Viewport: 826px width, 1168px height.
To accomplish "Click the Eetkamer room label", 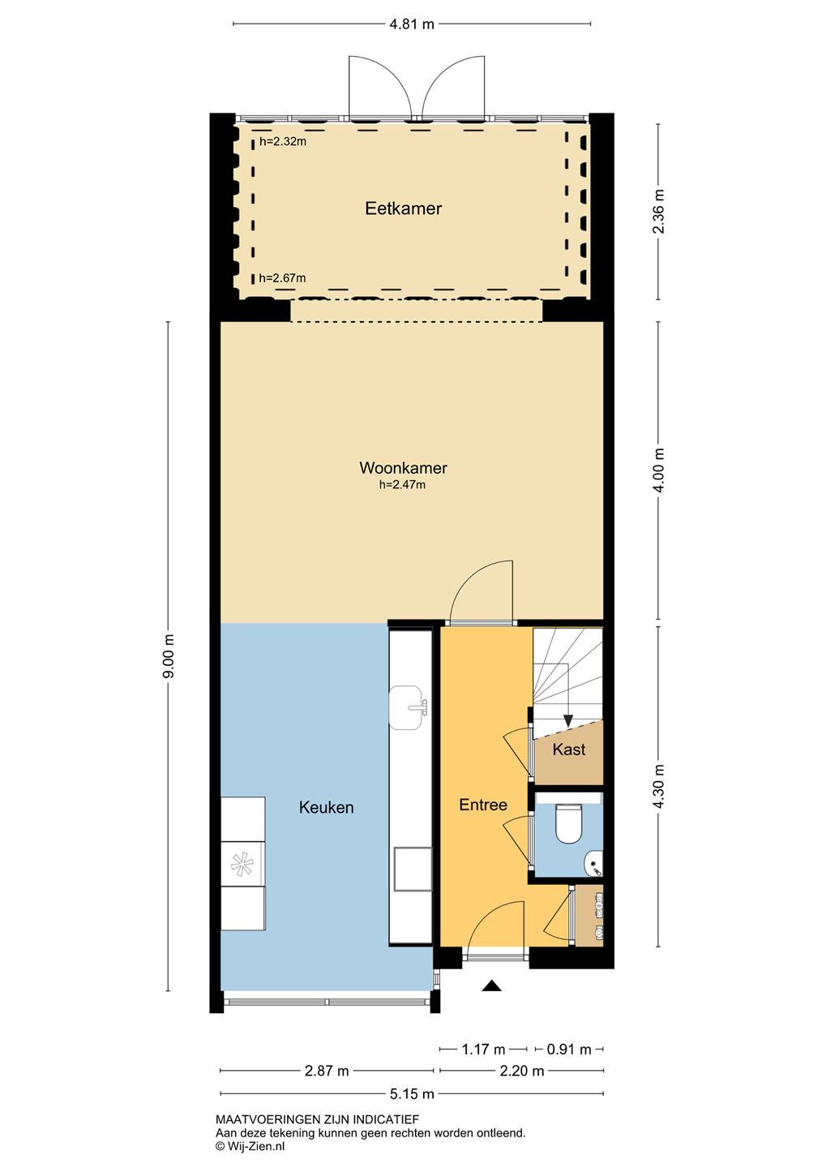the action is [404, 208].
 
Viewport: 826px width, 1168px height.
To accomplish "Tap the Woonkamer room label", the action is [404, 468].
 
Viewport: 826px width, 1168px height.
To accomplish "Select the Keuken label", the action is [326, 807].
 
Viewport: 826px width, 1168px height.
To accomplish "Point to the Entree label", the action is [483, 805].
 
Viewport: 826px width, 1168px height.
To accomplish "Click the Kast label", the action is [569, 749].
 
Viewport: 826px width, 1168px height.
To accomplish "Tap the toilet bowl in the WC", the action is [568, 824].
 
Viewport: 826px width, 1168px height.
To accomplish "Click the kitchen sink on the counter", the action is [405, 707].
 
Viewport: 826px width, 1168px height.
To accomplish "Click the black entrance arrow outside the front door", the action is [491, 985].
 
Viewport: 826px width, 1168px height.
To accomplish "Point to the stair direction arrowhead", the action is [568, 720].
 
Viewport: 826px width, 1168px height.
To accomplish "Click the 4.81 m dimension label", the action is [412, 24].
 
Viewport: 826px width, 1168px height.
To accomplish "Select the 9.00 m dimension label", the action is [169, 656].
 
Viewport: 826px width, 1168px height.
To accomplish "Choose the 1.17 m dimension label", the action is [484, 1049].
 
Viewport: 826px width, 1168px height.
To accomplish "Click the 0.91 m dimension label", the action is [569, 1049].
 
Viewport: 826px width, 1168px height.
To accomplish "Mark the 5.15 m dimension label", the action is [412, 1093].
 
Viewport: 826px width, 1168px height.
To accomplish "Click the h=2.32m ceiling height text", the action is [283, 141].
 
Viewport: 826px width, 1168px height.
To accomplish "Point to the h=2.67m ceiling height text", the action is [282, 278].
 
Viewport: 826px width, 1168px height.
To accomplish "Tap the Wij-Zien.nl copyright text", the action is [250, 1145].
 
